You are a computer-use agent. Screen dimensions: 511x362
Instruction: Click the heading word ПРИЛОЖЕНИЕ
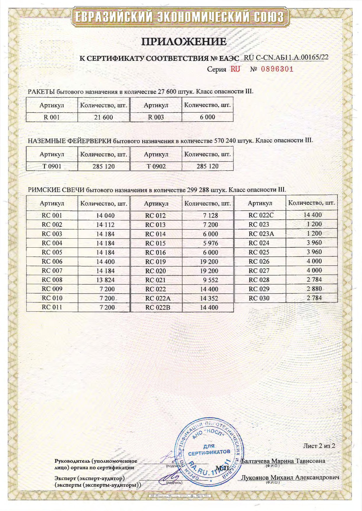pos(184,42)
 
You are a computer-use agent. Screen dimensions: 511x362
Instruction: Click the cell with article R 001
pos(52,117)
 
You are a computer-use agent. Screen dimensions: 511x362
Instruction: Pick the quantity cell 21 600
pos(103,117)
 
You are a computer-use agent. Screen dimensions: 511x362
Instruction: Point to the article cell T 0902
pos(156,166)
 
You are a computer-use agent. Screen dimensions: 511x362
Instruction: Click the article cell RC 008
pos(52,280)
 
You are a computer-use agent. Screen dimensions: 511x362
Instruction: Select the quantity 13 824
pos(105,280)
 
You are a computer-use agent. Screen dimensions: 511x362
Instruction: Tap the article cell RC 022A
pos(157,298)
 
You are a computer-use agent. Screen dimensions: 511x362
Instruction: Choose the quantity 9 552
pos(209,280)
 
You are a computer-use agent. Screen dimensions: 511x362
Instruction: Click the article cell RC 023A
pos(261,234)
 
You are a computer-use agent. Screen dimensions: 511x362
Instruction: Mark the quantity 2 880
pos(314,289)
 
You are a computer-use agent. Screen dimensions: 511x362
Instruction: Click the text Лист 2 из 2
pos(319,446)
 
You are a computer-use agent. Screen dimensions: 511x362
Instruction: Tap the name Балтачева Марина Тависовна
pos(283,461)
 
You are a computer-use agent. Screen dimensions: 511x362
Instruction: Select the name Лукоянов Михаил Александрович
pos(290,478)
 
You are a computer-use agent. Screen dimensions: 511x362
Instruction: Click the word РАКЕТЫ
pos(41,91)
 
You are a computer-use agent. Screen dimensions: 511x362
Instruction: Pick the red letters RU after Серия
pos(236,69)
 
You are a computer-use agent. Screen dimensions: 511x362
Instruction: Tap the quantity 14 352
pos(209,298)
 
